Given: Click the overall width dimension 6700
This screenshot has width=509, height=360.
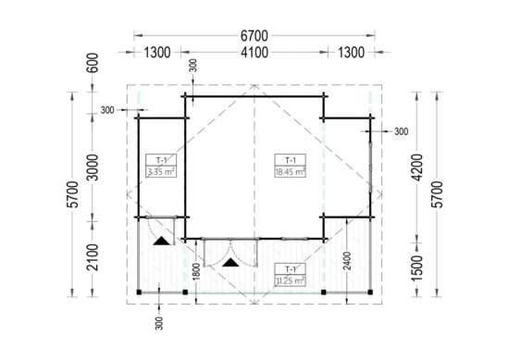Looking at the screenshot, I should (x=254, y=33).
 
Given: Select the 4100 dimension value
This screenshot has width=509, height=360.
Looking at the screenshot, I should (x=254, y=53).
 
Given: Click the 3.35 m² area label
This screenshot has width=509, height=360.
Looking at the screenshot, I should (x=159, y=171).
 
